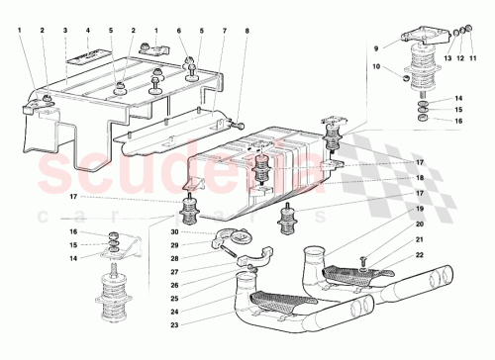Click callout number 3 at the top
click(x=64, y=31)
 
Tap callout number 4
click(x=87, y=31)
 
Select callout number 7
click(x=225, y=31)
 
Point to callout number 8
click(x=247, y=31)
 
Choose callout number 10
click(x=376, y=66)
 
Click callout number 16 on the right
click(x=459, y=120)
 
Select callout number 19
click(x=420, y=211)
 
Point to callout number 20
click(x=420, y=225)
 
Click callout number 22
click(x=420, y=255)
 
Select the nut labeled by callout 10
click(x=406, y=75)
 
